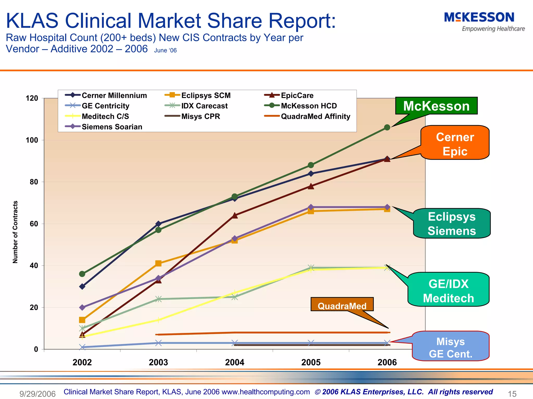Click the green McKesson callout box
point(436,106)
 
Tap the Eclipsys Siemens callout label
point(452,224)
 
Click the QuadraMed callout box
point(342,306)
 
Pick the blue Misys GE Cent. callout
point(450,347)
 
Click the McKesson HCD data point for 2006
point(387,127)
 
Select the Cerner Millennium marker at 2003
point(158,224)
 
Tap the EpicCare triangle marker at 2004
point(234,215)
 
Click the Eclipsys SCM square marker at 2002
point(82,320)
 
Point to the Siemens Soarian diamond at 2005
point(311,207)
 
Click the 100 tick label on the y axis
point(32,140)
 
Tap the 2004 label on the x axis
point(234,362)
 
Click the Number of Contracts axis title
point(15,232)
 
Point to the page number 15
point(512,394)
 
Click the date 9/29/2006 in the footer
point(37,394)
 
